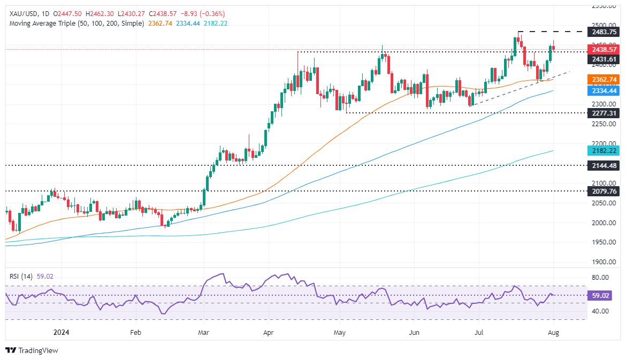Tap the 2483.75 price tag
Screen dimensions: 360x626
tap(604, 32)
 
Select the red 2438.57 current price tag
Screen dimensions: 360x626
tap(604, 49)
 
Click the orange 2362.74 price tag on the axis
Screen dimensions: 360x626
tap(604, 79)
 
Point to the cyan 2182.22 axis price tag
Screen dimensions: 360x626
tap(604, 151)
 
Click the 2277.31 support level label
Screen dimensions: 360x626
tap(604, 113)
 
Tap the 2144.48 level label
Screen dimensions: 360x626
tap(604, 166)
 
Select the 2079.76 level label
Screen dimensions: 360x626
tap(604, 191)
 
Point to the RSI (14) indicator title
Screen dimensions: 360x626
tap(21, 276)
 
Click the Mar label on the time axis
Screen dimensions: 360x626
tap(203, 332)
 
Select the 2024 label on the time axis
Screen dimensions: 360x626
tap(62, 332)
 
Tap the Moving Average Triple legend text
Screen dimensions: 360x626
tap(75, 24)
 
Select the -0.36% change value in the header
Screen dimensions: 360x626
tap(212, 13)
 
